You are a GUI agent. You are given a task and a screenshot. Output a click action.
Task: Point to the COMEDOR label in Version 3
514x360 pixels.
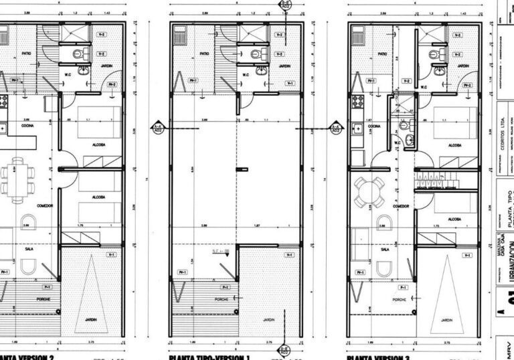(x=401, y=207)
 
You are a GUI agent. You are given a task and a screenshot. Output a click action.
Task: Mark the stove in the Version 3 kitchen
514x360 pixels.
(x=355, y=104)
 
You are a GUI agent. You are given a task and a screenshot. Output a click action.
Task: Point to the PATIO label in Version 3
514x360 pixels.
(x=383, y=54)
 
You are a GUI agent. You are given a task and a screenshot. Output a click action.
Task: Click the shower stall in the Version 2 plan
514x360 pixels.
(x=76, y=33)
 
